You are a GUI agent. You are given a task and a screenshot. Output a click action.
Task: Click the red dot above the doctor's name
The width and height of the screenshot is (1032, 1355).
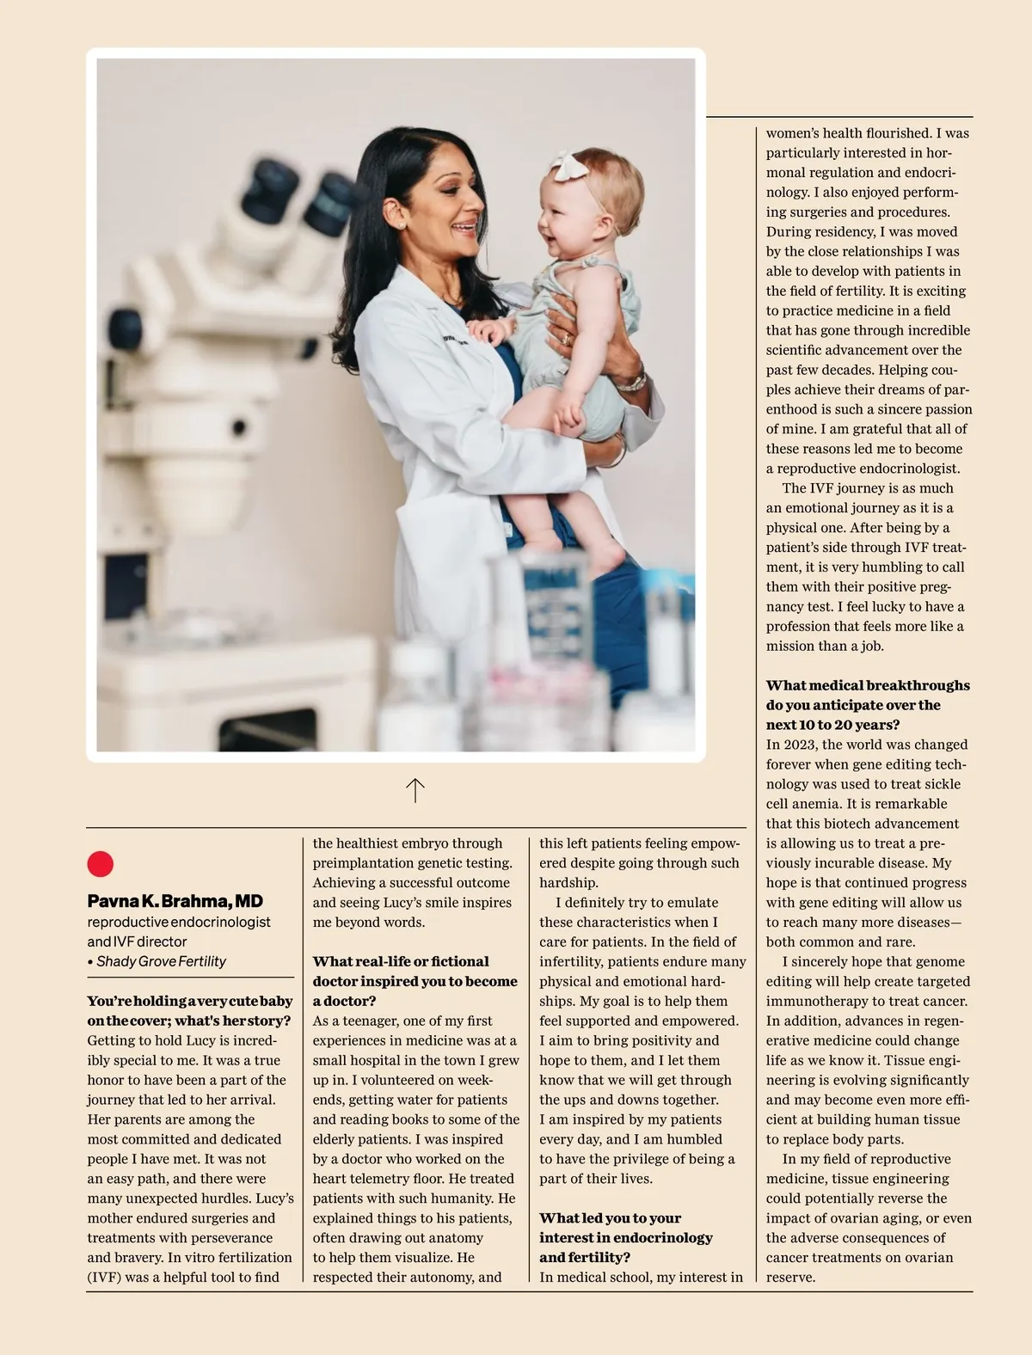[101, 863]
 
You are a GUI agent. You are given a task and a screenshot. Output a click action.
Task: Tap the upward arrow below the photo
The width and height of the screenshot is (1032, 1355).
[415, 790]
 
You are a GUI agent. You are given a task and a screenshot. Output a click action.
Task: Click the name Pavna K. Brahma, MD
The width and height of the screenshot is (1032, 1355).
[175, 901]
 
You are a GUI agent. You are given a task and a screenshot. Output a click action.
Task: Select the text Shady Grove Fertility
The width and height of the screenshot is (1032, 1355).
[161, 961]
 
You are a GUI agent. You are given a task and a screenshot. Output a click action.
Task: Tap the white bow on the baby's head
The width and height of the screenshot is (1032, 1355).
[568, 165]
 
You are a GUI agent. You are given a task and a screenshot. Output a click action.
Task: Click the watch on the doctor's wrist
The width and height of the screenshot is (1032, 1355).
[631, 381]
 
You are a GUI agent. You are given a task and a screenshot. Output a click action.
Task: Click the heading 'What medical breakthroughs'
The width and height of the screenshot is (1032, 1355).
[867, 685]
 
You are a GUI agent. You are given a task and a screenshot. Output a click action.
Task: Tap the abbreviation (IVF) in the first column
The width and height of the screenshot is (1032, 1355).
[103, 1277]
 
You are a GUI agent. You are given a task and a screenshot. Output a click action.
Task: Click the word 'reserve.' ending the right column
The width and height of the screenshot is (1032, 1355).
[790, 1277]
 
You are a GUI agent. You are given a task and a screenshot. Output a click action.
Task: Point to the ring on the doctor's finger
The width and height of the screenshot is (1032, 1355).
[567, 340]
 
